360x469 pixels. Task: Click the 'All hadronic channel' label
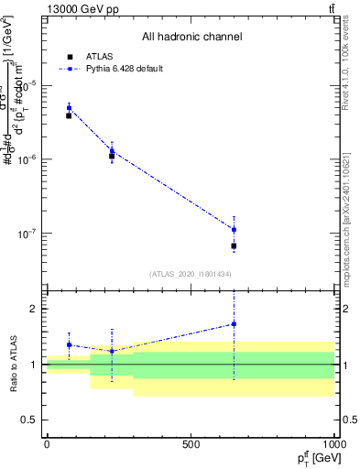tap(191, 37)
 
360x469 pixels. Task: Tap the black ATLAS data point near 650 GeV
tap(234, 246)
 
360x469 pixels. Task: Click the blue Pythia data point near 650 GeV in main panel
tap(234, 229)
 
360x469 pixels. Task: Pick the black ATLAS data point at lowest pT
tap(69, 115)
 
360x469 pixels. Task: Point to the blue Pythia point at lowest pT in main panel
tap(69, 108)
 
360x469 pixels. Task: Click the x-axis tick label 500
tap(191, 444)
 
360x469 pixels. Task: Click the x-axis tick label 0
tap(47, 444)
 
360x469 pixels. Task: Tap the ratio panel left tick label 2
tap(33, 309)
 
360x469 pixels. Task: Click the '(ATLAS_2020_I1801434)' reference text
tap(191, 274)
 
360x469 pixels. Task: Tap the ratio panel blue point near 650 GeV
tap(234, 323)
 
